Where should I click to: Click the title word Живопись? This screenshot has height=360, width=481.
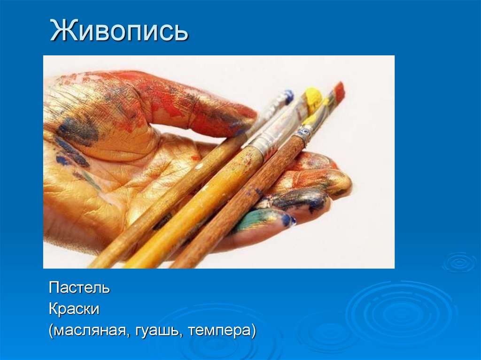(x=119, y=31)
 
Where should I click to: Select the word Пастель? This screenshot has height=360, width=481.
(x=79, y=287)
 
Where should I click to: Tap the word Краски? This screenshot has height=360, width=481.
(x=74, y=309)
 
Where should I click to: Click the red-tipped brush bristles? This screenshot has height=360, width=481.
(x=339, y=90)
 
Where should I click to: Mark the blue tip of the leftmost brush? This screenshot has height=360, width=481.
(x=288, y=96)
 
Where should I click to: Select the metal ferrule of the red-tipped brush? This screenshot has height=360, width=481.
(x=304, y=134)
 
